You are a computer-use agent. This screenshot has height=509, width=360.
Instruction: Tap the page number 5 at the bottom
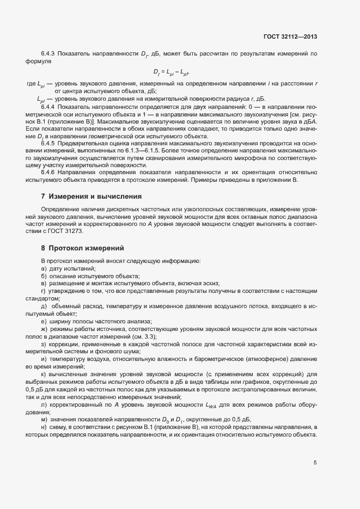[x=315, y=463]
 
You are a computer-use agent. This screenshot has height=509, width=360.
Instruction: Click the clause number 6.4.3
[x=50, y=54]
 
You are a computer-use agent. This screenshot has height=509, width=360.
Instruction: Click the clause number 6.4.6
[x=50, y=171]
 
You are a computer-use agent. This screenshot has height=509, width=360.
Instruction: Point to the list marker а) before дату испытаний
[x=44, y=269]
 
